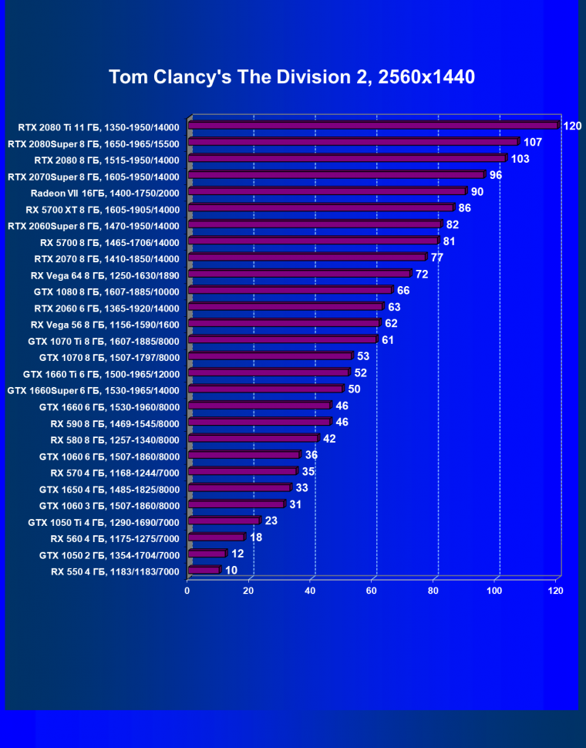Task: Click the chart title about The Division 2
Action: click(x=291, y=77)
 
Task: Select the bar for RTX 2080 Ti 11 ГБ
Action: click(x=372, y=126)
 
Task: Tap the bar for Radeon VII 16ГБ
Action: click(x=327, y=191)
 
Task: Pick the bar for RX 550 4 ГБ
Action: click(x=204, y=571)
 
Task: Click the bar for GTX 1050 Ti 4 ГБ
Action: click(x=224, y=521)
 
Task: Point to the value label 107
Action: click(x=533, y=142)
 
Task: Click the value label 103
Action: click(x=520, y=159)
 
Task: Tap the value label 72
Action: click(x=421, y=274)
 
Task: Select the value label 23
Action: click(x=271, y=521)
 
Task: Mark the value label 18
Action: click(x=255, y=537)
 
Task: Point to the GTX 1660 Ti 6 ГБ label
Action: click(x=101, y=374)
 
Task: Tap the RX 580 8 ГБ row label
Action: click(x=115, y=440)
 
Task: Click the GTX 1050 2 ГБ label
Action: click(x=109, y=555)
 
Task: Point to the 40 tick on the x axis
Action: click(x=310, y=591)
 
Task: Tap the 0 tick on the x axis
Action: click(x=187, y=591)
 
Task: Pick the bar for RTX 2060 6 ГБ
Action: click(x=285, y=307)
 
